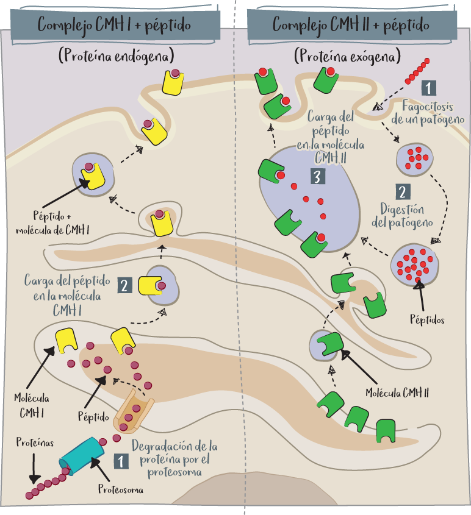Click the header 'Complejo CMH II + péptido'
(x=351, y=26)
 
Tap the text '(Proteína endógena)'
(x=116, y=57)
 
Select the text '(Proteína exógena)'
(x=347, y=57)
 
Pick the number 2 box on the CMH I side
(x=124, y=285)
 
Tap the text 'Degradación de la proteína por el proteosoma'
(x=174, y=458)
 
